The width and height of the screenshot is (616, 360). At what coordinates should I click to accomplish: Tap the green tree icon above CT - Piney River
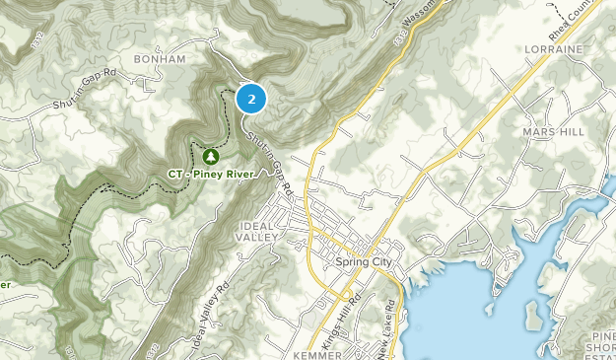click(x=210, y=156)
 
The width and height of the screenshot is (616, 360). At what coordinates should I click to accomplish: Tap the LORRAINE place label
click(x=555, y=48)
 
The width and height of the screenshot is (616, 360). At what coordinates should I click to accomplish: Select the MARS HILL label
click(x=555, y=130)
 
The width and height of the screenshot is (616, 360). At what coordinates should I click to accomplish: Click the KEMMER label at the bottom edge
click(x=316, y=352)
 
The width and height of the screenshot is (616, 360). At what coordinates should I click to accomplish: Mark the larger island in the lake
click(x=533, y=314)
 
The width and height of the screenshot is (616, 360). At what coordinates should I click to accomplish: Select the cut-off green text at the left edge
click(x=4, y=285)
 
